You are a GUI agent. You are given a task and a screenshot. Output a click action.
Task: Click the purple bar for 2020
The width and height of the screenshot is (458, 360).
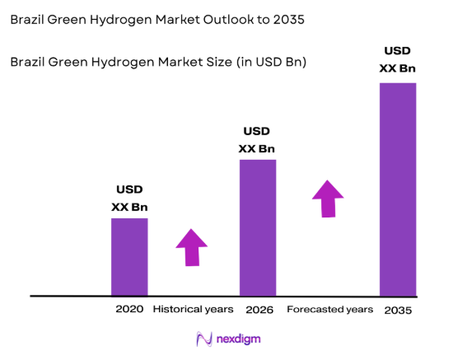click(129, 256)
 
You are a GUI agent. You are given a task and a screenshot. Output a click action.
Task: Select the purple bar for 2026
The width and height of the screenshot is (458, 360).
click(258, 227)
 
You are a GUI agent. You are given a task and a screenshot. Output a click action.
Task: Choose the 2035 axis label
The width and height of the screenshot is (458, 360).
click(397, 310)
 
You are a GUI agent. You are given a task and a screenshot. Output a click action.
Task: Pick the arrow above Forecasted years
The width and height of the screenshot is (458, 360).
click(328, 199)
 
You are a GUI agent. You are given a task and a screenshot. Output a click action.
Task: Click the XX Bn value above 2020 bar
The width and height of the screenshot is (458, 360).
click(129, 208)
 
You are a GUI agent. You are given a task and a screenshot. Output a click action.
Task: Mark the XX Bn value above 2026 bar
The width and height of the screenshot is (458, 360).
click(257, 149)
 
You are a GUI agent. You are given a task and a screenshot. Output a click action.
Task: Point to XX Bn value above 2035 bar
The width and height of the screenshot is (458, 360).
click(397, 68)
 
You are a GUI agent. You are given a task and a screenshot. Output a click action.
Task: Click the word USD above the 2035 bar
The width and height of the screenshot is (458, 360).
click(397, 51)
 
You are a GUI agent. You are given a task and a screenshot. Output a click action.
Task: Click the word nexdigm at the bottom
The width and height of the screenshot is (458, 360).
click(241, 339)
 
